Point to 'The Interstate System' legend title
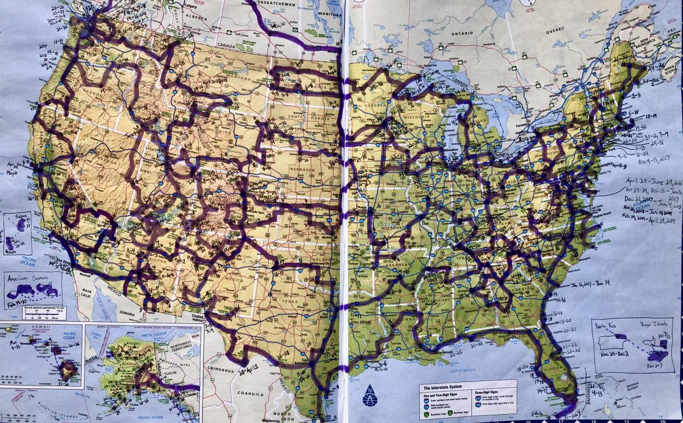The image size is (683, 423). click(x=442, y=387)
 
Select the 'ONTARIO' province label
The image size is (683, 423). click(x=462, y=33)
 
